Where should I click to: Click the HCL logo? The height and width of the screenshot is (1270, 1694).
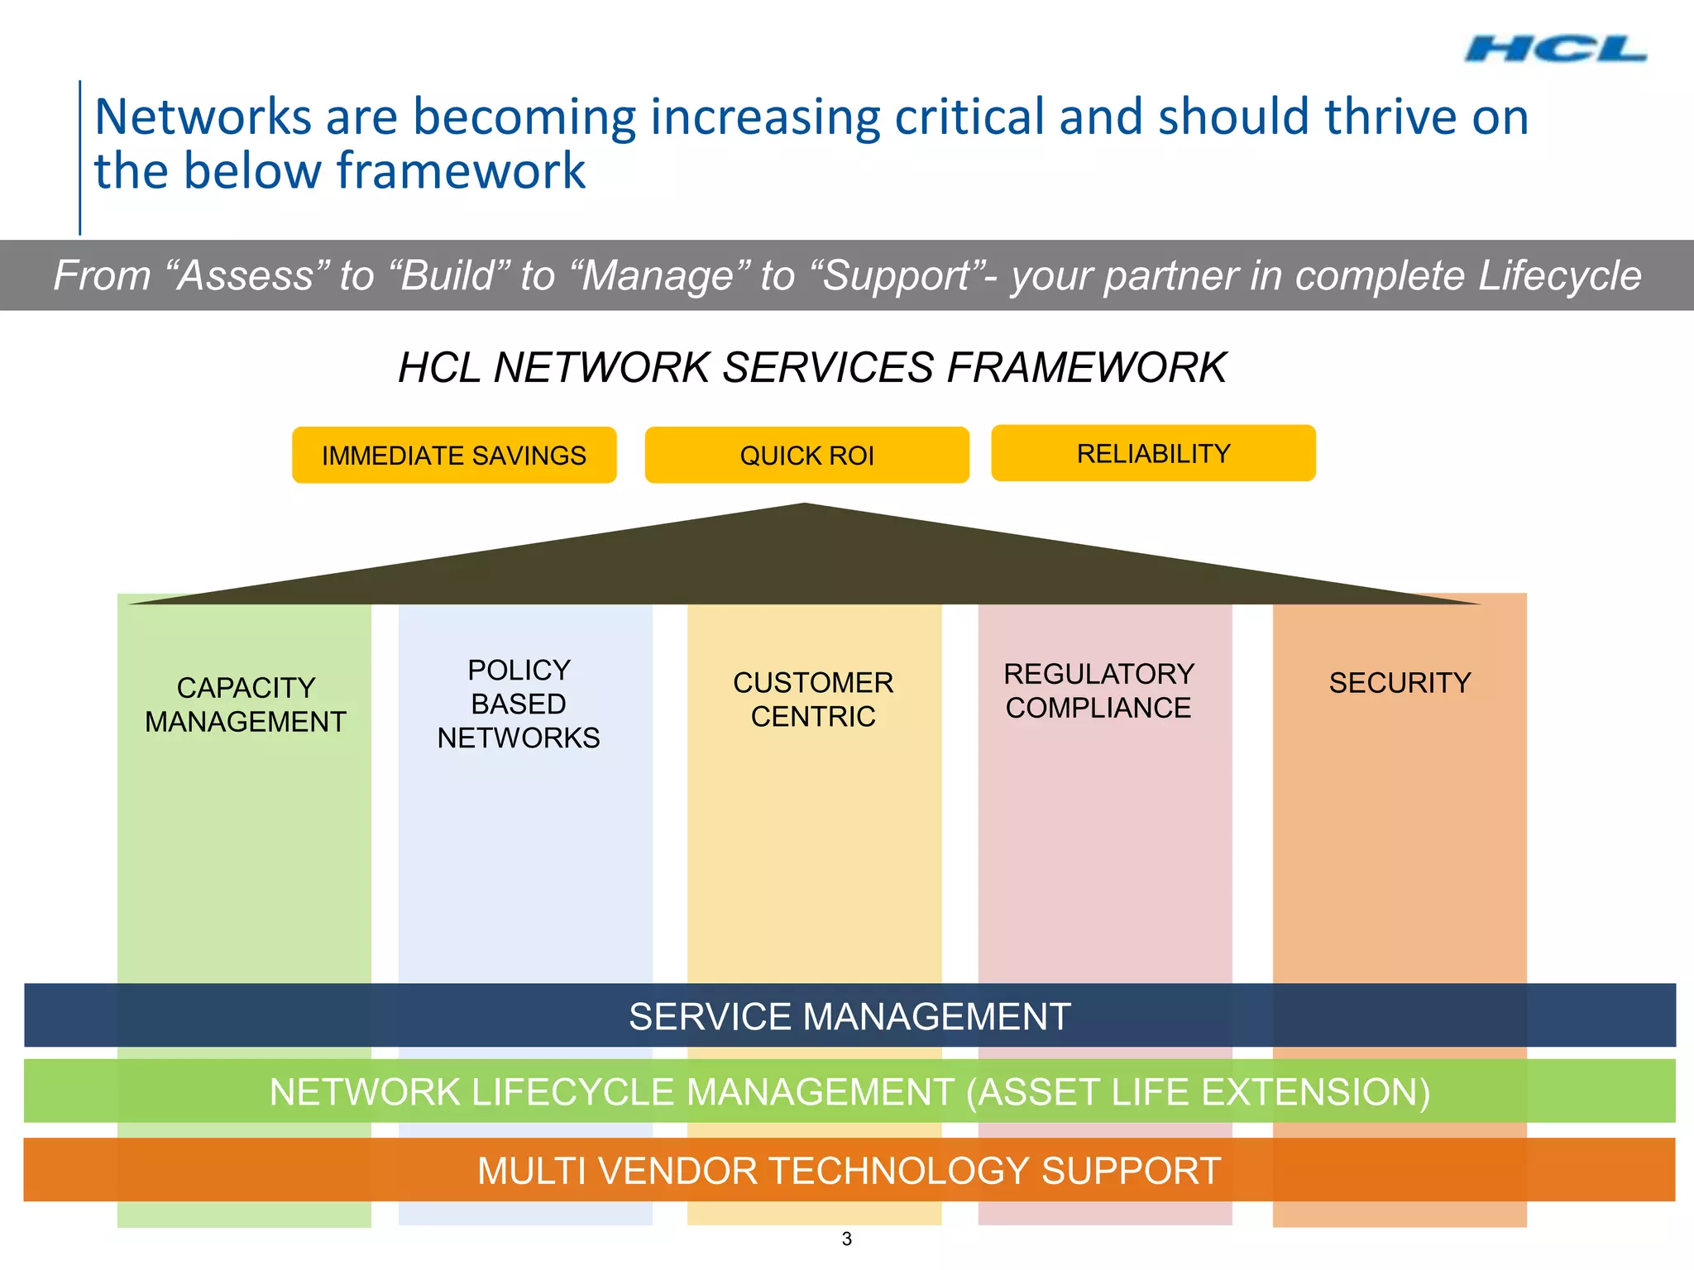(1555, 50)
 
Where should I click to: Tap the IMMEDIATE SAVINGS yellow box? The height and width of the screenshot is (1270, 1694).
(454, 456)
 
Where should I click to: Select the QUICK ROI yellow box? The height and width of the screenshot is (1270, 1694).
(806, 456)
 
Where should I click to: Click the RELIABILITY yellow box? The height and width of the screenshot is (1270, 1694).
(1153, 453)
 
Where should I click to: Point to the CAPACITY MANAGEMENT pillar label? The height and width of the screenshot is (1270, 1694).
(246, 704)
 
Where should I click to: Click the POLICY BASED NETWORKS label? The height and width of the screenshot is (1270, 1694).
(519, 704)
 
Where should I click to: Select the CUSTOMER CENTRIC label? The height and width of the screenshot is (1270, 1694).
(813, 699)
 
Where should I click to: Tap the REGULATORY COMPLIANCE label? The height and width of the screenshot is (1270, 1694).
(1098, 690)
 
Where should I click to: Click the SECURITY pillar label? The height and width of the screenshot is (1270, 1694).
(1400, 683)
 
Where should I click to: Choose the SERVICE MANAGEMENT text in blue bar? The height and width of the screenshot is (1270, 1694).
(849, 1016)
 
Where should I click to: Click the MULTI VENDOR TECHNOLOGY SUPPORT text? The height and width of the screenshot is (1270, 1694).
(849, 1171)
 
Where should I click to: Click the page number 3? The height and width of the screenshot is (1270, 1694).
(846, 1239)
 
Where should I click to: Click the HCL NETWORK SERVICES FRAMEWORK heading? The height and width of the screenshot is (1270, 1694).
(812, 367)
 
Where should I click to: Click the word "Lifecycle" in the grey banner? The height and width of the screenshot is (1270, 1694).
(1559, 275)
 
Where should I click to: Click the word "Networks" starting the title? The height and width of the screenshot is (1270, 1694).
(203, 117)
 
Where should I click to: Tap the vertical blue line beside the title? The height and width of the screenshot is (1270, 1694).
(80, 157)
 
